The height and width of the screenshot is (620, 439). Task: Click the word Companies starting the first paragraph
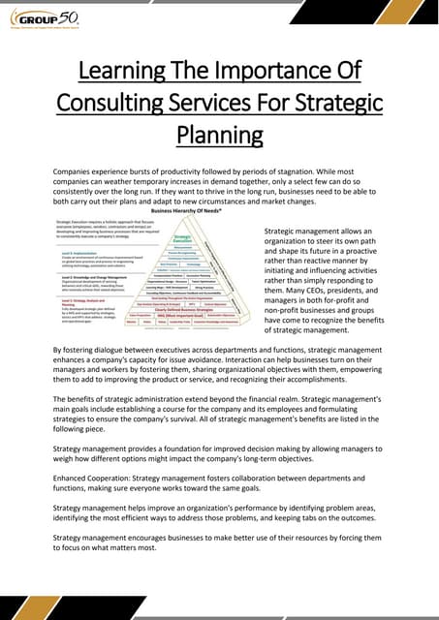(80, 170)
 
